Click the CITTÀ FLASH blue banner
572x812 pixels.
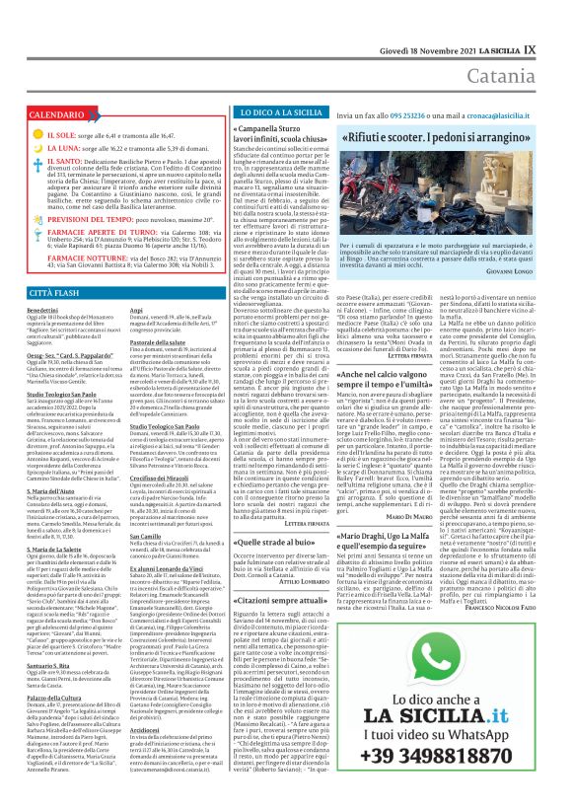[x=50, y=294]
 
